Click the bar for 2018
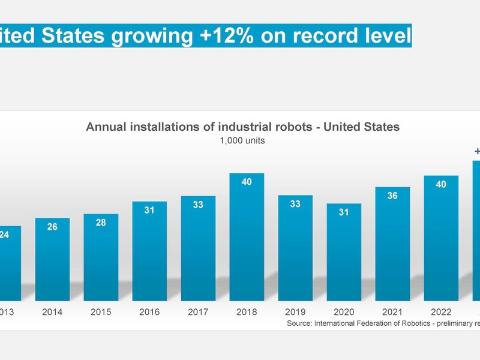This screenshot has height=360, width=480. (x=247, y=240)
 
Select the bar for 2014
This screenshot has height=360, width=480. (x=52, y=261)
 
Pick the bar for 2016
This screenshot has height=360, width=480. (x=149, y=252)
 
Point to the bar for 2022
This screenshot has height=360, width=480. (x=441, y=240)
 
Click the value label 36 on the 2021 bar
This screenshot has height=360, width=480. (x=392, y=196)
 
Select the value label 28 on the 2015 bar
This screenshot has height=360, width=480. (x=101, y=223)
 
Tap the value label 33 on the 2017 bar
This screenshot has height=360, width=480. (x=198, y=205)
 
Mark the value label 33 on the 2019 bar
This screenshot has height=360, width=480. (x=295, y=204)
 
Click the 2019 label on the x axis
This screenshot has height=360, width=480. (x=295, y=312)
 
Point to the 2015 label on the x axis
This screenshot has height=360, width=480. (x=101, y=312)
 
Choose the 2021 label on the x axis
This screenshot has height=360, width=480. (x=392, y=312)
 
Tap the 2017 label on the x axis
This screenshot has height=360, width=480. (x=198, y=312)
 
